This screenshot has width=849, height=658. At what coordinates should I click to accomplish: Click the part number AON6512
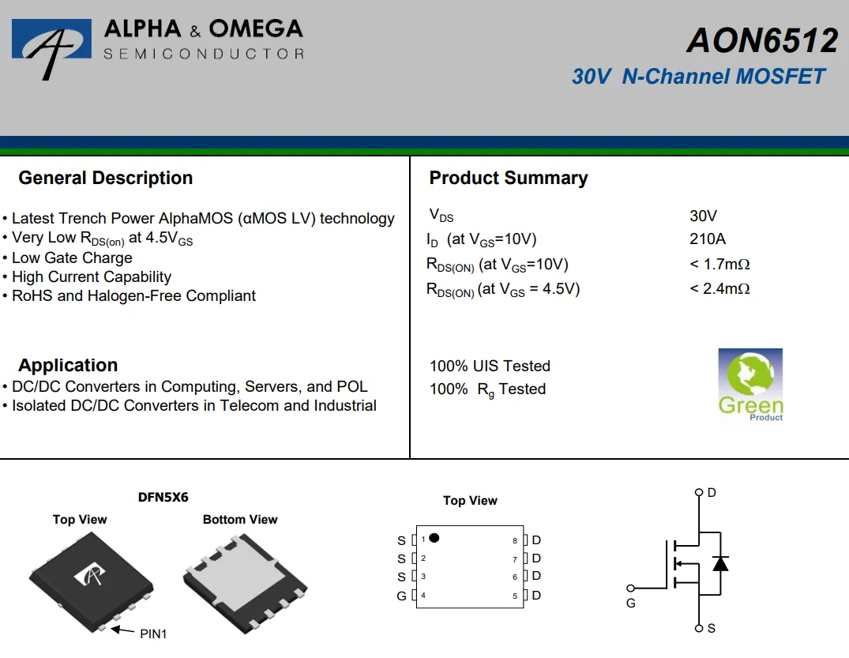tap(761, 41)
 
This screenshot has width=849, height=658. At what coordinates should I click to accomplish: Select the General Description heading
tap(105, 179)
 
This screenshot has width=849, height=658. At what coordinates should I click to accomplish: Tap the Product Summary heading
tap(508, 179)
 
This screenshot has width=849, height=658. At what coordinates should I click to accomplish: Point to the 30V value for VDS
tap(703, 216)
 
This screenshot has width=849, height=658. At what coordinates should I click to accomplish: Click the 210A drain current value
tap(707, 239)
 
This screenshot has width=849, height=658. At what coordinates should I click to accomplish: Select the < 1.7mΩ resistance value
tap(719, 264)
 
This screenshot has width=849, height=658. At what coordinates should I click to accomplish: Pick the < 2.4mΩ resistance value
tap(719, 289)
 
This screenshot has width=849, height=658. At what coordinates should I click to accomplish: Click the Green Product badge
tap(750, 385)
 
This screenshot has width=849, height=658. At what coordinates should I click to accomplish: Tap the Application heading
tap(68, 366)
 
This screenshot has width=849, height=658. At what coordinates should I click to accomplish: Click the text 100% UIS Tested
tap(490, 366)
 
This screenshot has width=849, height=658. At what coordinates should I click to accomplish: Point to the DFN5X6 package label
tap(163, 498)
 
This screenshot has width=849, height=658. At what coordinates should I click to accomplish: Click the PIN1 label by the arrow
tap(153, 634)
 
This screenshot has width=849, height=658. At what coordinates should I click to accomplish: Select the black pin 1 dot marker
tap(434, 538)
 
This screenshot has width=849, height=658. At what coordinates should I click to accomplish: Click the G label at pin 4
tap(401, 596)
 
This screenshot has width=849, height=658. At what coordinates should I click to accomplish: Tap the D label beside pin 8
tap(536, 540)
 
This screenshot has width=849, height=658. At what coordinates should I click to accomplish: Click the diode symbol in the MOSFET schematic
tap(719, 563)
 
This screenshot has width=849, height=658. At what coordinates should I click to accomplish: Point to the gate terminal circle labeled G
tap(630, 588)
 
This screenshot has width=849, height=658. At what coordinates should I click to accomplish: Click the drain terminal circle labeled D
tap(698, 492)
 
